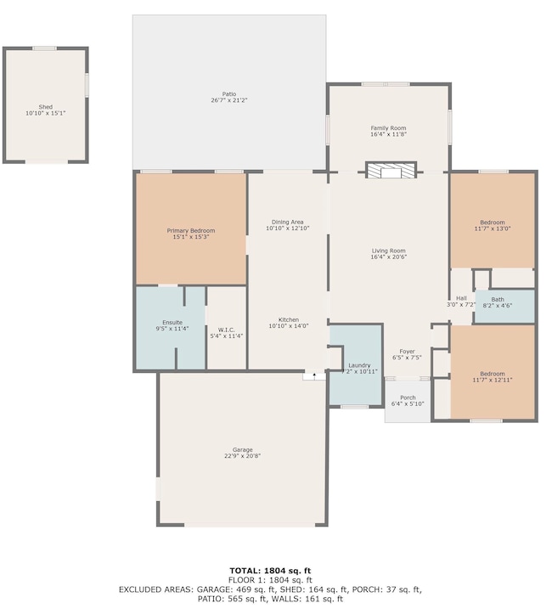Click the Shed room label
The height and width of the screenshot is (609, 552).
tap(46, 107)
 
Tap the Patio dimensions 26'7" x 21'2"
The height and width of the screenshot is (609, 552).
tap(229, 100)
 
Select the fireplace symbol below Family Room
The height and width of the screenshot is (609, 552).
tap(391, 171)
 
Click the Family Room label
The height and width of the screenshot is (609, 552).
tap(388, 127)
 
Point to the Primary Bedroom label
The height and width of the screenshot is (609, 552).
tap(191, 230)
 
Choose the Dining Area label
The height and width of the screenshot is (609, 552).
tap(287, 223)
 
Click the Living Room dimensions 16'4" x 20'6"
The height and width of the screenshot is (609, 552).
tap(388, 257)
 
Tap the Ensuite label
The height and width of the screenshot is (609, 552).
tap(172, 323)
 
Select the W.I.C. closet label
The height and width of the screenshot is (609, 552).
tap(226, 330)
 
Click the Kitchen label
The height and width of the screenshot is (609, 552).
tap(288, 319)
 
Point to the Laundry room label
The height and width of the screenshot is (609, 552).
tap(359, 365)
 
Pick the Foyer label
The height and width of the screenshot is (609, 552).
tap(407, 351)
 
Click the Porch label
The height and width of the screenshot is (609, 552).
tap(408, 398)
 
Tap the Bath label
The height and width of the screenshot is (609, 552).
tap(498, 300)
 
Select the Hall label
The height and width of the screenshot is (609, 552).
tap(461, 298)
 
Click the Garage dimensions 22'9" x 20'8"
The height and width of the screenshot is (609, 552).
tap(242, 456)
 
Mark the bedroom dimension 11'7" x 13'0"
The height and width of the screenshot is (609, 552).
tap(493, 228)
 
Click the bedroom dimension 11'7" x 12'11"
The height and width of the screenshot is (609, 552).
tap(493, 380)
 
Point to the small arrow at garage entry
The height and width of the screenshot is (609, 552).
tap(314, 375)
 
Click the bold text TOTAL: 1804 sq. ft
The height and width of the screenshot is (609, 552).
tap(270, 571)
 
